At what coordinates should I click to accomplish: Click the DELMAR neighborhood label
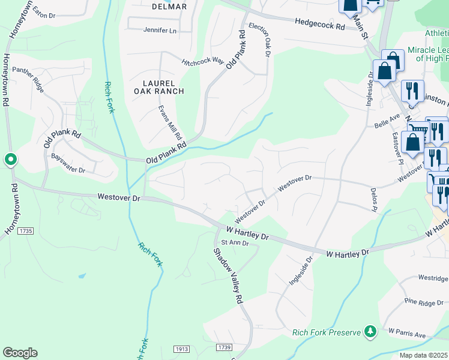click(x=170, y=7)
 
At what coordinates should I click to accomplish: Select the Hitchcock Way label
click(x=203, y=61)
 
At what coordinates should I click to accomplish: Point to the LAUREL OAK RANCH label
click(x=158, y=87)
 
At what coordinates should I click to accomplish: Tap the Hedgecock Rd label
click(x=320, y=24)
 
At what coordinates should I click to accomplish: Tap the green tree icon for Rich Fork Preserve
click(x=370, y=331)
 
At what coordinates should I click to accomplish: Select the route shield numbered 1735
click(x=26, y=230)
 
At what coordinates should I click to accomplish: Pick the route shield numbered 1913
click(x=182, y=349)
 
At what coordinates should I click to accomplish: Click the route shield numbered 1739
click(x=224, y=348)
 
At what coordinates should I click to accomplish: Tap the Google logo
click(x=20, y=353)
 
